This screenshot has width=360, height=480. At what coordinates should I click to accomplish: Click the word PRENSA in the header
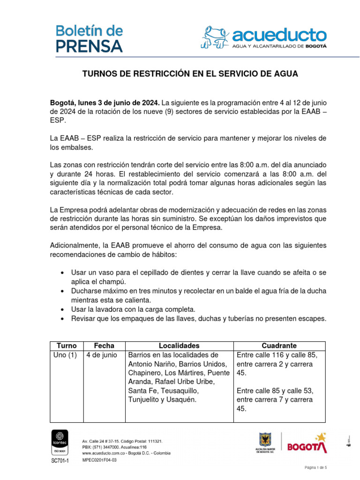tap(90, 46)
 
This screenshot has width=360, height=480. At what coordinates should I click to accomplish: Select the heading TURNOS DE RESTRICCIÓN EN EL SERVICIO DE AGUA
tap(190, 74)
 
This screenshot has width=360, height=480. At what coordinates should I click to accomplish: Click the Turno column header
tap(66, 345)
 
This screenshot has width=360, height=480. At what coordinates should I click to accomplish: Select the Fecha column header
tap(104, 345)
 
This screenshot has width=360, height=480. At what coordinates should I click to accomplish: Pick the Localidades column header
tap(179, 345)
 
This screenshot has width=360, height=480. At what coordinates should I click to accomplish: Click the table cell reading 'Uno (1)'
tap(65, 355)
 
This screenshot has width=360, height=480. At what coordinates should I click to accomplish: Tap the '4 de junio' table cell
tap(102, 355)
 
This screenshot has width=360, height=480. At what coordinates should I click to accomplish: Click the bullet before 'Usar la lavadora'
tap(63, 310)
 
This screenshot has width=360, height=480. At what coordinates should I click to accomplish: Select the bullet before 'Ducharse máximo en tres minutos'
tap(63, 292)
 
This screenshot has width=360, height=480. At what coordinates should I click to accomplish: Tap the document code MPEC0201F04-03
tap(99, 460)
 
